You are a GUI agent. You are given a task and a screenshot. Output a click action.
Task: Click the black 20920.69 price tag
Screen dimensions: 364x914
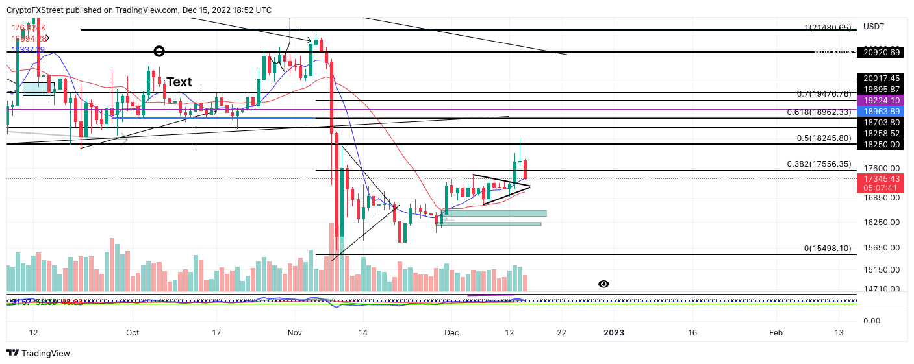(882, 53)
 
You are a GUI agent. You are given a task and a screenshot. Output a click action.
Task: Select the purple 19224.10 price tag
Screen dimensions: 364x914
(882, 101)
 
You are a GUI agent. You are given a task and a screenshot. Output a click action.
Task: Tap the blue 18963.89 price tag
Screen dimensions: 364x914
(882, 112)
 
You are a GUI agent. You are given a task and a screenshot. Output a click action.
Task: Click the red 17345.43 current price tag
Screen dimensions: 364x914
(882, 178)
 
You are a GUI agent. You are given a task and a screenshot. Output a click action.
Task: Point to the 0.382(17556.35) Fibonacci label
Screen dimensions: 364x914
(823, 164)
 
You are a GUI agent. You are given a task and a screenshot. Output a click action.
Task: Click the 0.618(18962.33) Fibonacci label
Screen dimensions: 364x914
(823, 112)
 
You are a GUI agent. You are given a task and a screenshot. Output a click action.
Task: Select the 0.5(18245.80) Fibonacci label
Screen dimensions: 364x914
(823, 138)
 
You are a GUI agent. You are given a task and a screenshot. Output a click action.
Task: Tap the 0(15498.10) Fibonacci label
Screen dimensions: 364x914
(827, 249)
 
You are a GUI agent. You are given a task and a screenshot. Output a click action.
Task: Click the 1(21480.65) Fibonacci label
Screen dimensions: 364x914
(827, 28)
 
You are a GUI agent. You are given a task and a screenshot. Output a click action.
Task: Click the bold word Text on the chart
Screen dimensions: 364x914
(179, 82)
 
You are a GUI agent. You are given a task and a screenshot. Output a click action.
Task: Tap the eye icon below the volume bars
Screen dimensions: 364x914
(603, 284)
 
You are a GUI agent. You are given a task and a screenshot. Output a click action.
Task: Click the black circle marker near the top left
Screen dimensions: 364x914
(159, 51)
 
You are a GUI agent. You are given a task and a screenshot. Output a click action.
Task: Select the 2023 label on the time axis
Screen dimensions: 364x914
(614, 333)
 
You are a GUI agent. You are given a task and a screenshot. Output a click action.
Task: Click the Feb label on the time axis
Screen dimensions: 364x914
(776, 333)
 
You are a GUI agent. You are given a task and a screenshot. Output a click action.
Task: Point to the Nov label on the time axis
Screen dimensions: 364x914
(295, 333)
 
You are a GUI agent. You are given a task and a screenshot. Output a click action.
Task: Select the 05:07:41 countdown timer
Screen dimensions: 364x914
(882, 188)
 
